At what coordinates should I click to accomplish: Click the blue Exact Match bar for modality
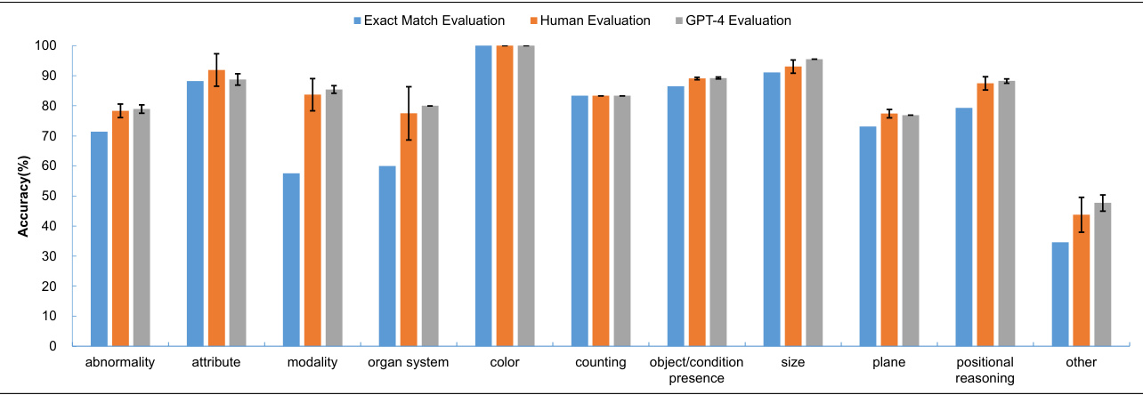tap(291, 259)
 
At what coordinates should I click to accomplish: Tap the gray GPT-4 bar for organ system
tap(430, 226)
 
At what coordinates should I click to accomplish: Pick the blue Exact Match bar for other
tap(1060, 294)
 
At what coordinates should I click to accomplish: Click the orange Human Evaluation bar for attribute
tap(216, 208)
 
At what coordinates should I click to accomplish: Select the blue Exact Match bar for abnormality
tap(99, 238)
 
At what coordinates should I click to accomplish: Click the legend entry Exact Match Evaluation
tap(428, 20)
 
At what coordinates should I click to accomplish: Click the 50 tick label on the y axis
tap(50, 197)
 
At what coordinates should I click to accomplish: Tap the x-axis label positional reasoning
tap(985, 370)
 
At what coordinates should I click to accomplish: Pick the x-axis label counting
tap(601, 363)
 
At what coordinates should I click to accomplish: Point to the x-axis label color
tap(505, 363)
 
